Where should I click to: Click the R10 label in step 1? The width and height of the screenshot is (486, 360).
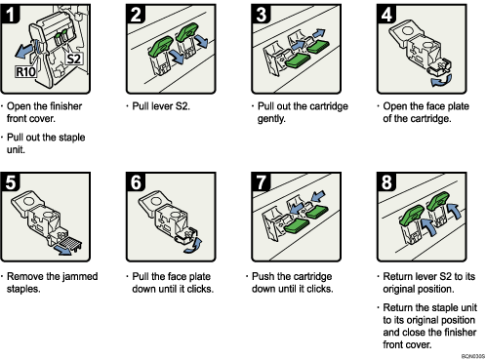click(x=26, y=70)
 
